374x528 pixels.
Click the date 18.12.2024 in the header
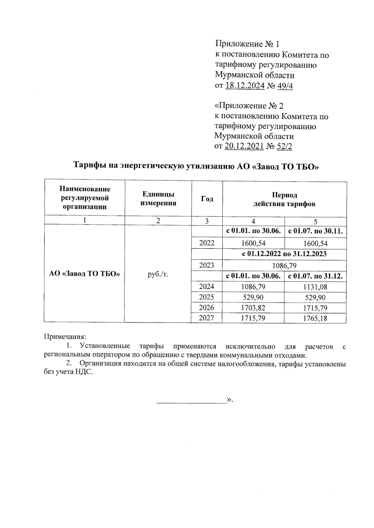pyautogui.click(x=245, y=86)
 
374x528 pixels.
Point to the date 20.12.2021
pyautogui.click(x=244, y=146)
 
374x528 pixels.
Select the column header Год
pyautogui.click(x=207, y=199)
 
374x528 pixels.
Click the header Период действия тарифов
pyautogui.click(x=284, y=199)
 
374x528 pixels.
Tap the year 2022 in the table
pyautogui.click(x=207, y=243)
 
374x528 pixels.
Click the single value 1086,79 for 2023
pyautogui.click(x=284, y=265)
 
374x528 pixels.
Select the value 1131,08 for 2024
pyautogui.click(x=315, y=287)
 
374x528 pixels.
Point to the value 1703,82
pyautogui.click(x=253, y=308)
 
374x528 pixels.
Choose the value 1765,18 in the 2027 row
pyautogui.click(x=315, y=318)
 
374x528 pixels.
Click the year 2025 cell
pyautogui.click(x=207, y=297)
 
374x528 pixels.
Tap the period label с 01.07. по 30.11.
pyautogui.click(x=315, y=231)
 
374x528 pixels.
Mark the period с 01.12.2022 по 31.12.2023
pyautogui.click(x=284, y=254)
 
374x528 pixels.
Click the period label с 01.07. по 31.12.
pyautogui.click(x=315, y=276)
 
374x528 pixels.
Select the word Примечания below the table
pyautogui.click(x=65, y=336)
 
